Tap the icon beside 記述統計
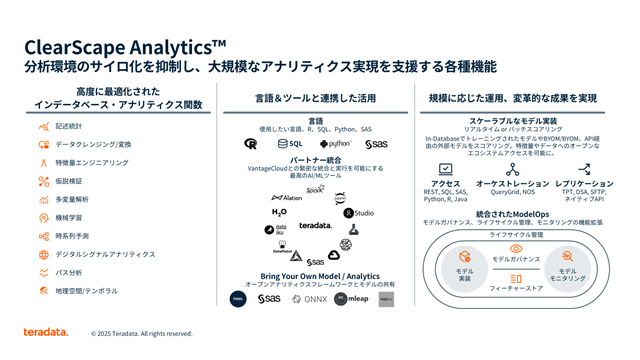[44, 127]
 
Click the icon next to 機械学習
[44, 217]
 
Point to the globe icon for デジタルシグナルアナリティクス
[44, 254]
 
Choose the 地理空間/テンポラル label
[87, 290]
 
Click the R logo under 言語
[250, 144]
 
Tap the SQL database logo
[290, 144]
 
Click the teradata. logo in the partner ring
[314, 225]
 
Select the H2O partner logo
[279, 212]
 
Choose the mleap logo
[353, 298]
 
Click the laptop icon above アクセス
[445, 170]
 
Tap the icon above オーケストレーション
[513, 170]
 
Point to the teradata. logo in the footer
[46, 332]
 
